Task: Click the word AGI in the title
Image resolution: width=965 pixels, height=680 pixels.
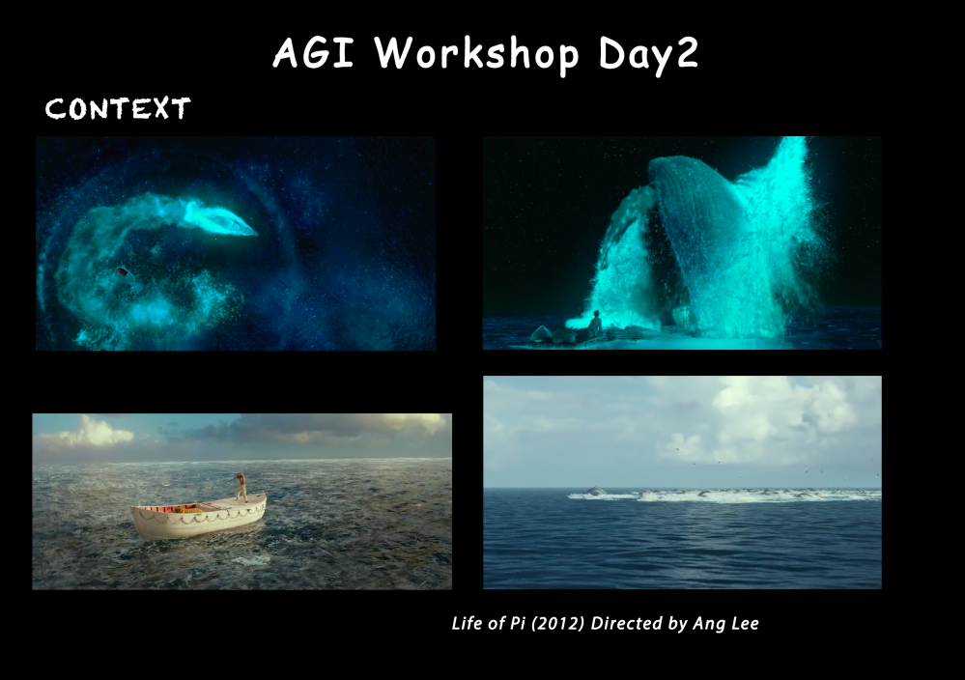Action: point(313,52)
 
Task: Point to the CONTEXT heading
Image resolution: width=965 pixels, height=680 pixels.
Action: point(118,108)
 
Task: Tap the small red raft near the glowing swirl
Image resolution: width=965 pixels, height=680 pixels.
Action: point(125,273)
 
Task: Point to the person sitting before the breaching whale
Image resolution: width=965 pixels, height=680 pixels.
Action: point(595,324)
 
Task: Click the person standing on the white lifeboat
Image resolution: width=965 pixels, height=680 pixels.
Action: point(241,487)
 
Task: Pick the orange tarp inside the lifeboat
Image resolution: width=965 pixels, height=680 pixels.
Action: point(187,509)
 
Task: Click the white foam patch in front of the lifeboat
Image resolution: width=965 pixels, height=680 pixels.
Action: point(251,560)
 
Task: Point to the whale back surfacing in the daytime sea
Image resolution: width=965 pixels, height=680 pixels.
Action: point(596,491)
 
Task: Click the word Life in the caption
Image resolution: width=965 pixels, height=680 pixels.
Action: point(467,623)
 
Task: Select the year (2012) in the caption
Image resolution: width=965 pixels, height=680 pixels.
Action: point(557,623)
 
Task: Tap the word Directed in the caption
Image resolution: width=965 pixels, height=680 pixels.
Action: point(627,623)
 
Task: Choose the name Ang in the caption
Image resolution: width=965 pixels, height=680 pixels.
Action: point(708,624)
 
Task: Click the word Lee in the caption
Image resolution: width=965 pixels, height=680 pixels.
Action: point(744,623)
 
